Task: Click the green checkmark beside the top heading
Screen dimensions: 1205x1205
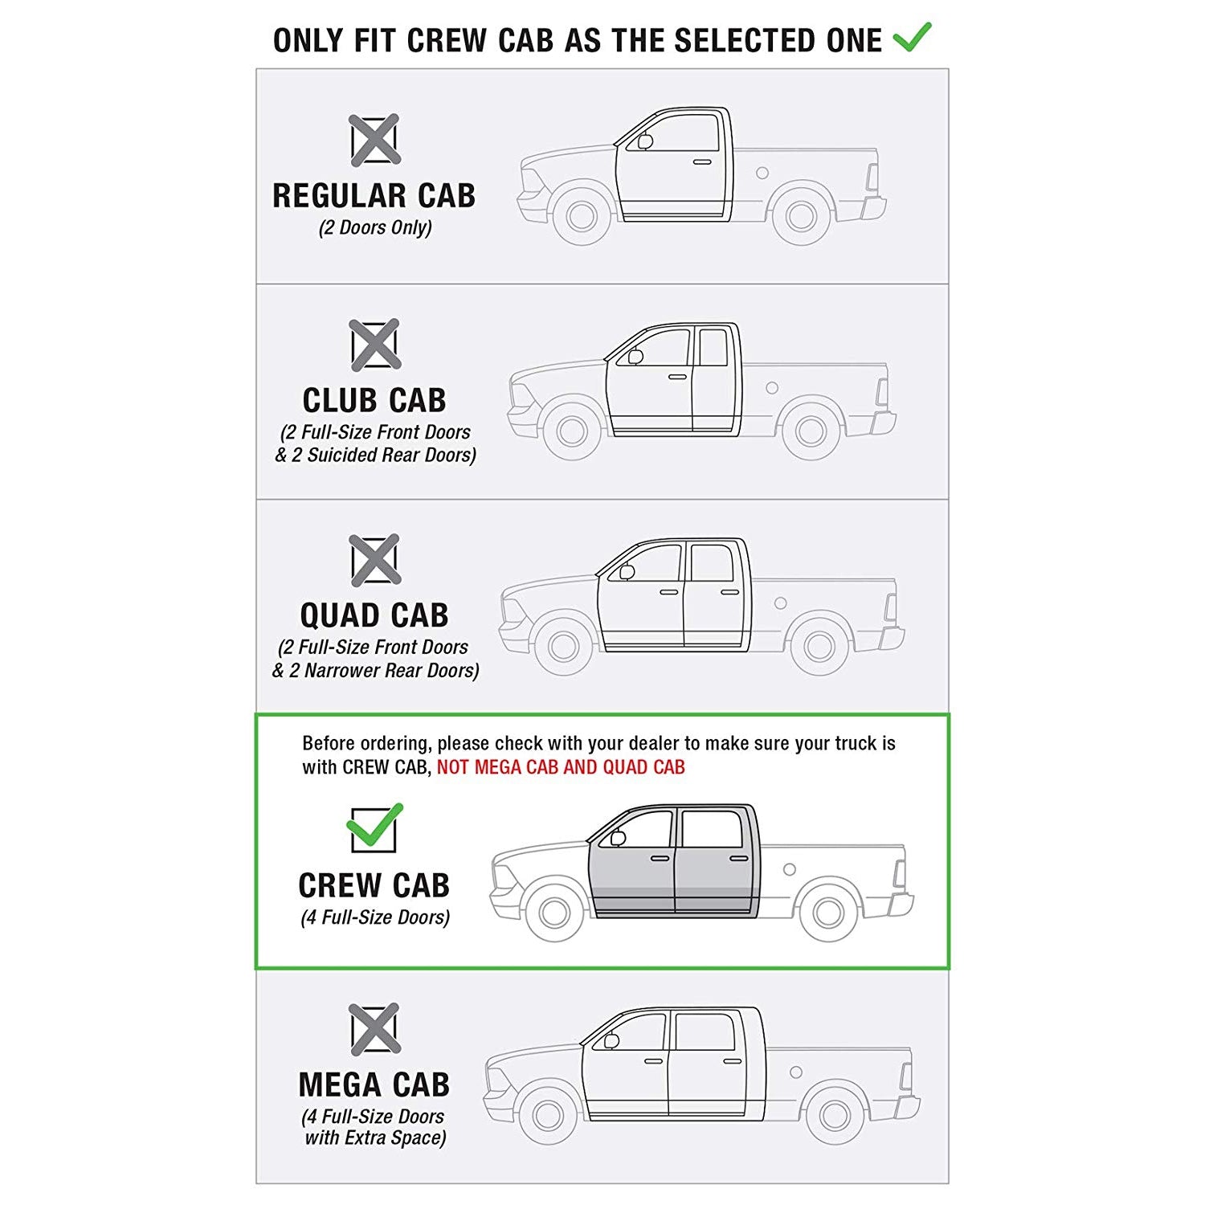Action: pos(912,37)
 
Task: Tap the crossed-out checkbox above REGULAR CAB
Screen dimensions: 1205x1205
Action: pos(374,140)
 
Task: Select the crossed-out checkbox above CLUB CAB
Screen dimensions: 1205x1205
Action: pos(374,345)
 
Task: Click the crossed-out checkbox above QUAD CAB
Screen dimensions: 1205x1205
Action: pos(374,559)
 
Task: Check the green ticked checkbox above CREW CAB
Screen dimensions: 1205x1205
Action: pos(374,828)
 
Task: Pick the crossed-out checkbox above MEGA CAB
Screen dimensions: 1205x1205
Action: pos(374,1029)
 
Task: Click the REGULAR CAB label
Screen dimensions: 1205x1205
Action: pos(374,196)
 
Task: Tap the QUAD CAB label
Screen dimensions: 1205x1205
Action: pos(374,615)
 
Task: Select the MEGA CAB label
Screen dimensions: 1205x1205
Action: pos(374,1084)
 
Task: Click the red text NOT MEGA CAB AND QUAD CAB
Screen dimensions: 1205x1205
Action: pos(561,767)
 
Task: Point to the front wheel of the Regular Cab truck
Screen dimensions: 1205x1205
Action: pos(581,215)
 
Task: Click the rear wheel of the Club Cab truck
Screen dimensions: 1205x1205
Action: pos(811,431)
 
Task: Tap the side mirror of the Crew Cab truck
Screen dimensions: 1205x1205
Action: pos(617,838)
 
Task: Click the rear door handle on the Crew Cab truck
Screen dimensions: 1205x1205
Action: pos(739,859)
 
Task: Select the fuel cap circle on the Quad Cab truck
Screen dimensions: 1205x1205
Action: pos(780,602)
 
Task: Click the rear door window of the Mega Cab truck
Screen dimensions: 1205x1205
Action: pos(705,1032)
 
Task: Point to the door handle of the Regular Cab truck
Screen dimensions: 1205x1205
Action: pos(702,163)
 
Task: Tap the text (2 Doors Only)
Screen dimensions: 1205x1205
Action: pos(375,228)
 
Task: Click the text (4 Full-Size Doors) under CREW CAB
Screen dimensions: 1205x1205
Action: pos(375,917)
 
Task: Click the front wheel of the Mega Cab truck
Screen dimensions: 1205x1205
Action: pos(548,1114)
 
